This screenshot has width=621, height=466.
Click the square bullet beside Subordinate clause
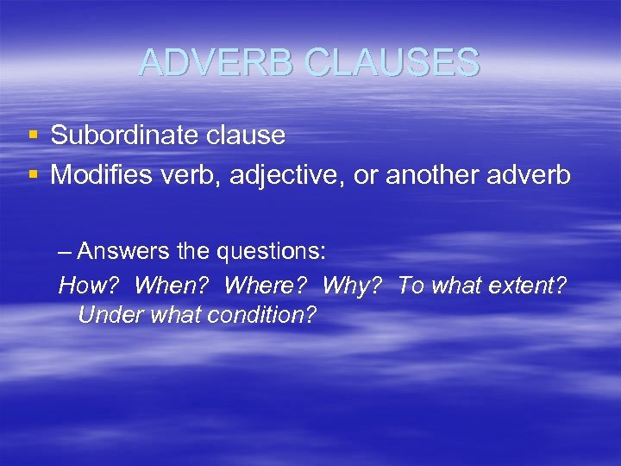tap(33, 135)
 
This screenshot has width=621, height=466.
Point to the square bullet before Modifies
tap(33, 175)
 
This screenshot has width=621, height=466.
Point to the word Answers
tap(120, 252)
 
